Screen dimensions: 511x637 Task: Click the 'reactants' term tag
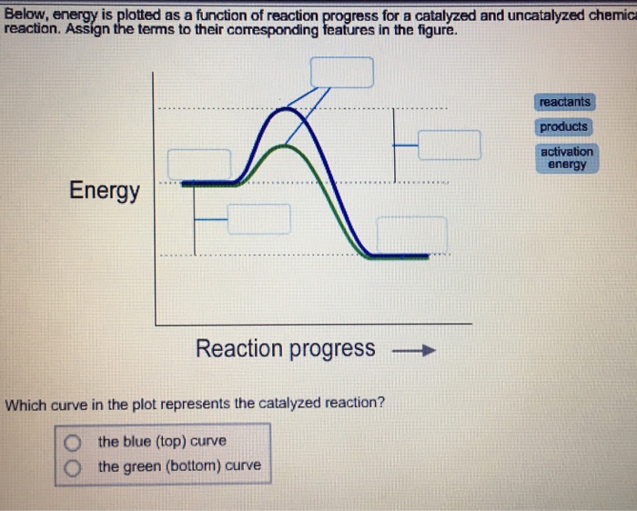564,103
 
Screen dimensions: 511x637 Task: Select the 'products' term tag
564,127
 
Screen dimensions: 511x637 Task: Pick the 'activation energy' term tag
567,158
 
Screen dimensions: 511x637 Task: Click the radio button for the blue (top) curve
72,442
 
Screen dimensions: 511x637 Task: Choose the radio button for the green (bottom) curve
72,466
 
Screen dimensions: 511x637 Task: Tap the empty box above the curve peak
342,72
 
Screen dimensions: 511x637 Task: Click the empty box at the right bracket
449,145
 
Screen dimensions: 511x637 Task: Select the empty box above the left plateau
199,165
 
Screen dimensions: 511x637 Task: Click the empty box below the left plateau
258,219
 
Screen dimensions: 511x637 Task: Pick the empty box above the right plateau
411,233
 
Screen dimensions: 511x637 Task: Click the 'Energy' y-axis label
105,191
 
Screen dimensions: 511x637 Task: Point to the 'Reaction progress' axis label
285,349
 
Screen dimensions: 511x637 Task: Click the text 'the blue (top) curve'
162,442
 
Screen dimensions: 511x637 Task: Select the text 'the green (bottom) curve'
178,466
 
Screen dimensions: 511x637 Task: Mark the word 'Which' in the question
25,402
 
